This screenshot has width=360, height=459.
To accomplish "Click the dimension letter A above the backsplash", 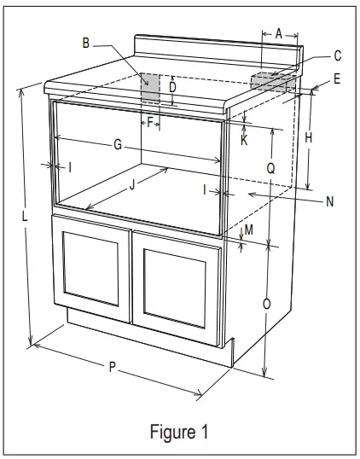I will tap(278, 33).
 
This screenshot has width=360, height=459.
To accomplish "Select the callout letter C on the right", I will tap(338, 56).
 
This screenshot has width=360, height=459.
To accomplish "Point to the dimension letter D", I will tap(172, 87).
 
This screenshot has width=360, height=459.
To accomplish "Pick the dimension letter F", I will tap(150, 122).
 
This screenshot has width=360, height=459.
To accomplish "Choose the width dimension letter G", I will tap(118, 145).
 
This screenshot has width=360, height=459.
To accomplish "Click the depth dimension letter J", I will tap(132, 183).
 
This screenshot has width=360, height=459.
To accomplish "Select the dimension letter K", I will tap(244, 140).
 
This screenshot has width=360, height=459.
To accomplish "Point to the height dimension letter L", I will tap(26, 217).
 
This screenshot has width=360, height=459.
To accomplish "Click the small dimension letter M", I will tap(249, 230).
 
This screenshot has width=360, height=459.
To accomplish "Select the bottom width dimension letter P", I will tap(112, 367).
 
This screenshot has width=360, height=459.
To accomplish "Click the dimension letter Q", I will tap(270, 168).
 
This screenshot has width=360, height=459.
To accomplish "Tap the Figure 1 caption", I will tap(179, 432).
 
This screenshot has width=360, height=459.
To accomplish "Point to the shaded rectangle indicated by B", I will tap(149, 88).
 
